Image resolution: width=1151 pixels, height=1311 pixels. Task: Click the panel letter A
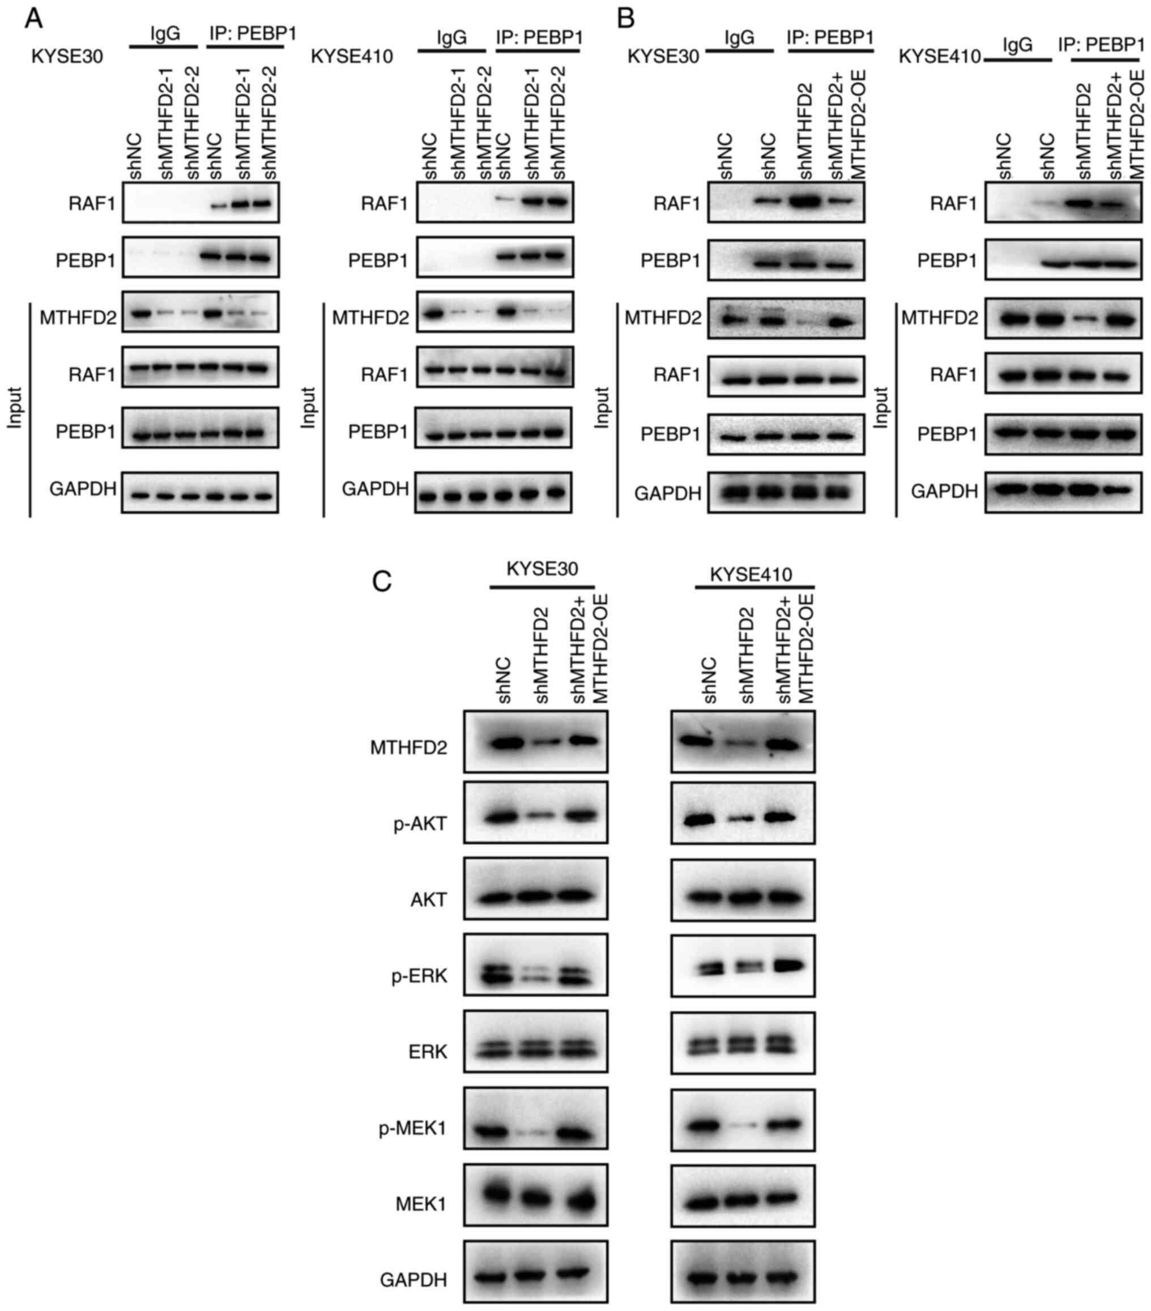[x=33, y=19]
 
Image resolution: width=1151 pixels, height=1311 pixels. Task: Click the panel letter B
[x=625, y=19]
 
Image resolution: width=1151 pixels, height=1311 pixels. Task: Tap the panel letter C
[x=382, y=581]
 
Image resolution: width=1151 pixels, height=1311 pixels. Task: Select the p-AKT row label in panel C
[x=420, y=823]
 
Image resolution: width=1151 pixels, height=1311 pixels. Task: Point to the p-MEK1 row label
[x=412, y=1128]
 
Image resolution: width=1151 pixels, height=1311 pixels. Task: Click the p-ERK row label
[x=419, y=976]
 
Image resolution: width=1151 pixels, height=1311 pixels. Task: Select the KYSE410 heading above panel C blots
[x=751, y=574]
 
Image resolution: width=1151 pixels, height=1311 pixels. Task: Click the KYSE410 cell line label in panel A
[x=352, y=57]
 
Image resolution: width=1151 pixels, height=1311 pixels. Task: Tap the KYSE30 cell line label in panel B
[x=663, y=57]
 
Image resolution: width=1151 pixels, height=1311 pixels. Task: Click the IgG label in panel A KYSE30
[x=165, y=33]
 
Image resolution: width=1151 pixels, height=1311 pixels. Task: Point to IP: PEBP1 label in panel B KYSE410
[x=1101, y=44]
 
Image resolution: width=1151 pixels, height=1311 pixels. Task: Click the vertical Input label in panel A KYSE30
[x=15, y=408]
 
